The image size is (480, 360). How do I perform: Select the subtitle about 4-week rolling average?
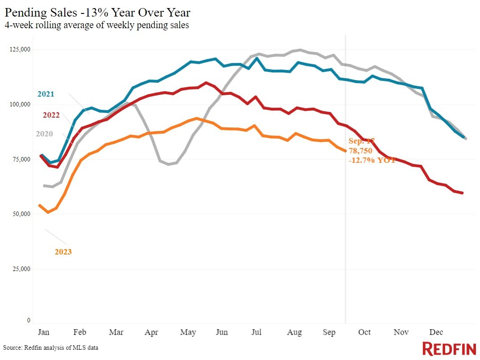point(97,25)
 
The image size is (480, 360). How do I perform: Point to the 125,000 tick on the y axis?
point(20,49)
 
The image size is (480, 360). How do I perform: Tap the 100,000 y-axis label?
point(20,104)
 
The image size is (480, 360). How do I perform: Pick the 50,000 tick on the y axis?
point(21,214)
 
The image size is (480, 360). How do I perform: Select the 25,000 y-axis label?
point(21,269)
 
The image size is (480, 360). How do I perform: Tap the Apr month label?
point(152,332)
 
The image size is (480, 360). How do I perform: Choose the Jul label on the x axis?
point(256,332)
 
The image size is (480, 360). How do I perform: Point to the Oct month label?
point(364,332)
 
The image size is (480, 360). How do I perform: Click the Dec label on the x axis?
point(436,332)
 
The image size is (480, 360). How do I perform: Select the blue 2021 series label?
point(46,94)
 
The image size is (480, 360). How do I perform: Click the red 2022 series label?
point(51,115)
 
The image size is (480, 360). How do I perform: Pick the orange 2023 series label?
point(63,252)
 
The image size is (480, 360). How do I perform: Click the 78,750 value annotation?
point(360,151)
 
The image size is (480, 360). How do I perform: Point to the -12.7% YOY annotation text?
point(372,160)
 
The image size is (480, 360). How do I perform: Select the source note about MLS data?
point(51,347)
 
